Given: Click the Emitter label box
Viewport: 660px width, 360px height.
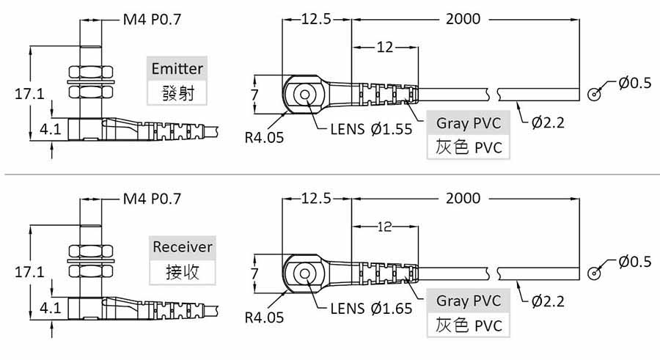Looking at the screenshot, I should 176,69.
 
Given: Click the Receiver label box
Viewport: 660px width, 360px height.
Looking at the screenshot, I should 182,247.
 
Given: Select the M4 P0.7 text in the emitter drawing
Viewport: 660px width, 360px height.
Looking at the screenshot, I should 151,20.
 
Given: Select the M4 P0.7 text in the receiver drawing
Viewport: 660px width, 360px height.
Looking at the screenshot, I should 151,198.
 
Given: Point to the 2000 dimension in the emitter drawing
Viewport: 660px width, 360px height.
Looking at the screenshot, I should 463,19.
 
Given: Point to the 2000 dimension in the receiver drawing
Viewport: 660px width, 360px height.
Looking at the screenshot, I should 463,198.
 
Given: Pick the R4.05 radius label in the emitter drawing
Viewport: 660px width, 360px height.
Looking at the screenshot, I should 264,136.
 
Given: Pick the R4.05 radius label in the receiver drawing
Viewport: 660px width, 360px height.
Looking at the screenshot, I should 264,318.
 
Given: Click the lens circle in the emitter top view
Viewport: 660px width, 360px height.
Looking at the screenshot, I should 302,94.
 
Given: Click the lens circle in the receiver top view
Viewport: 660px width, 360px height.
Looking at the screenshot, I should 302,273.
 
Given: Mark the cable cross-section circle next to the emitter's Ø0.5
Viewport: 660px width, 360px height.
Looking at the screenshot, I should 595,94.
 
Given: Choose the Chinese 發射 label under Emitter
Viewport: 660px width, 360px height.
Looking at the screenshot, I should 176,92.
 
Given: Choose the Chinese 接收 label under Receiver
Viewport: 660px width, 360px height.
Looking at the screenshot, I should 182,271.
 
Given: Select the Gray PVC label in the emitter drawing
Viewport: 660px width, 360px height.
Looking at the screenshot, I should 469,122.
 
